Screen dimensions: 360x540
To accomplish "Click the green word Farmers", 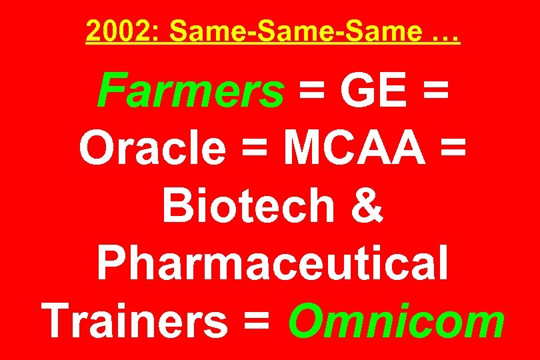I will click(191, 91).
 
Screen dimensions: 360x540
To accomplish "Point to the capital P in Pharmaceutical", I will click(113, 261).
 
